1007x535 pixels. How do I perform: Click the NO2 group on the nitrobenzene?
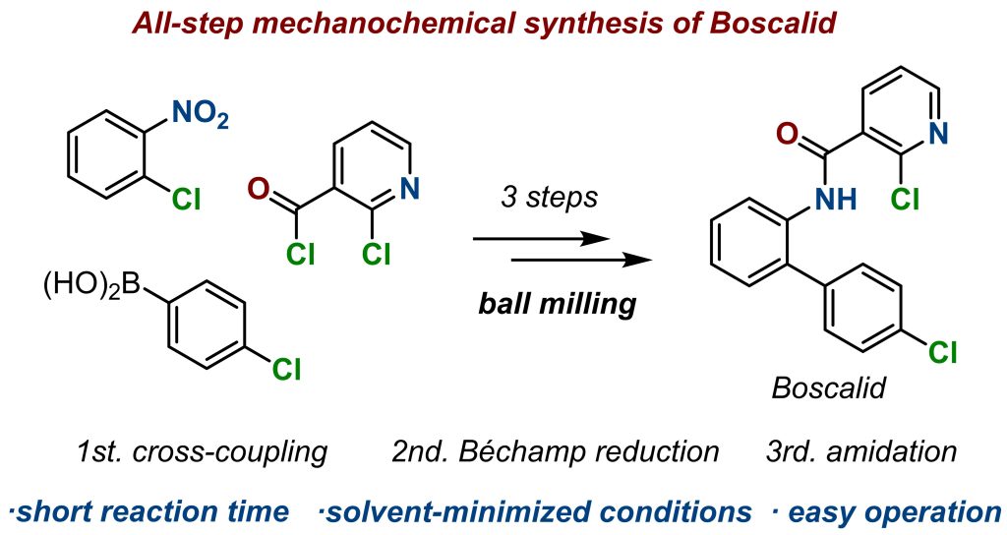coord(200,117)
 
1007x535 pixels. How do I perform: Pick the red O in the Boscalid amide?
coord(784,130)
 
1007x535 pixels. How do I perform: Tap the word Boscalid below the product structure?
coord(828,387)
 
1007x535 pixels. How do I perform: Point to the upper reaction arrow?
coord(536,239)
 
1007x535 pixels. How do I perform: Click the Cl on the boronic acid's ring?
coord(286,370)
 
